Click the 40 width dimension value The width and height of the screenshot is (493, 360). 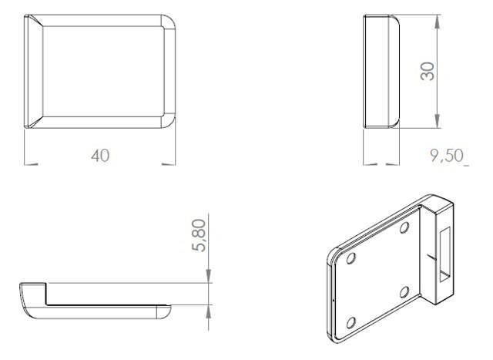100,156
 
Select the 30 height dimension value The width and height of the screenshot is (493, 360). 428,72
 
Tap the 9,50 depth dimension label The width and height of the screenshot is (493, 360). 447,155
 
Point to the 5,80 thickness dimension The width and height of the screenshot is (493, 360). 199,235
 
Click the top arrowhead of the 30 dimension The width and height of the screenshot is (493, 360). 437,22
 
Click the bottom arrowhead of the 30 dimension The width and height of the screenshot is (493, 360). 437,121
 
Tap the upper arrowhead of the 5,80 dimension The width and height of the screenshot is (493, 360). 208,276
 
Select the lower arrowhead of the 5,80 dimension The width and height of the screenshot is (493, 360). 208,312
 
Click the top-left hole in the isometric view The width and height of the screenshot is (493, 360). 351,258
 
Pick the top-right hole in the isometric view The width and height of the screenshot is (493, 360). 404,227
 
